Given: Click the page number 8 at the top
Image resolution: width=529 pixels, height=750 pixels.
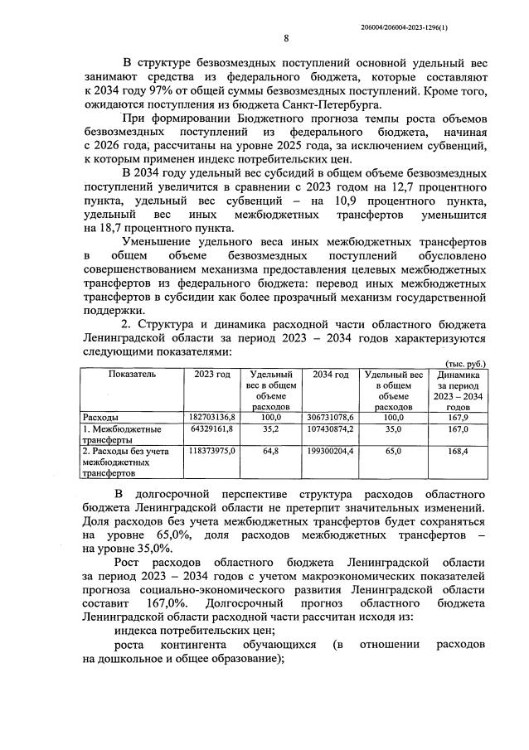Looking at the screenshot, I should coord(285,38).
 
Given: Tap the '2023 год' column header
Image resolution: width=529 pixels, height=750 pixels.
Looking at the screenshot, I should coord(212,375).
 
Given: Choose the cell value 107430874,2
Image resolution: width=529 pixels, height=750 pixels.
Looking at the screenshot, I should coord(332,429).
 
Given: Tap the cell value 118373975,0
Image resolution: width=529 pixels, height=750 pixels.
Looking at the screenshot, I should coord(213,452).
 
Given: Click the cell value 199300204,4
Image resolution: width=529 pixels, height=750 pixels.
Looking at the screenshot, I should coord(332,452).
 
